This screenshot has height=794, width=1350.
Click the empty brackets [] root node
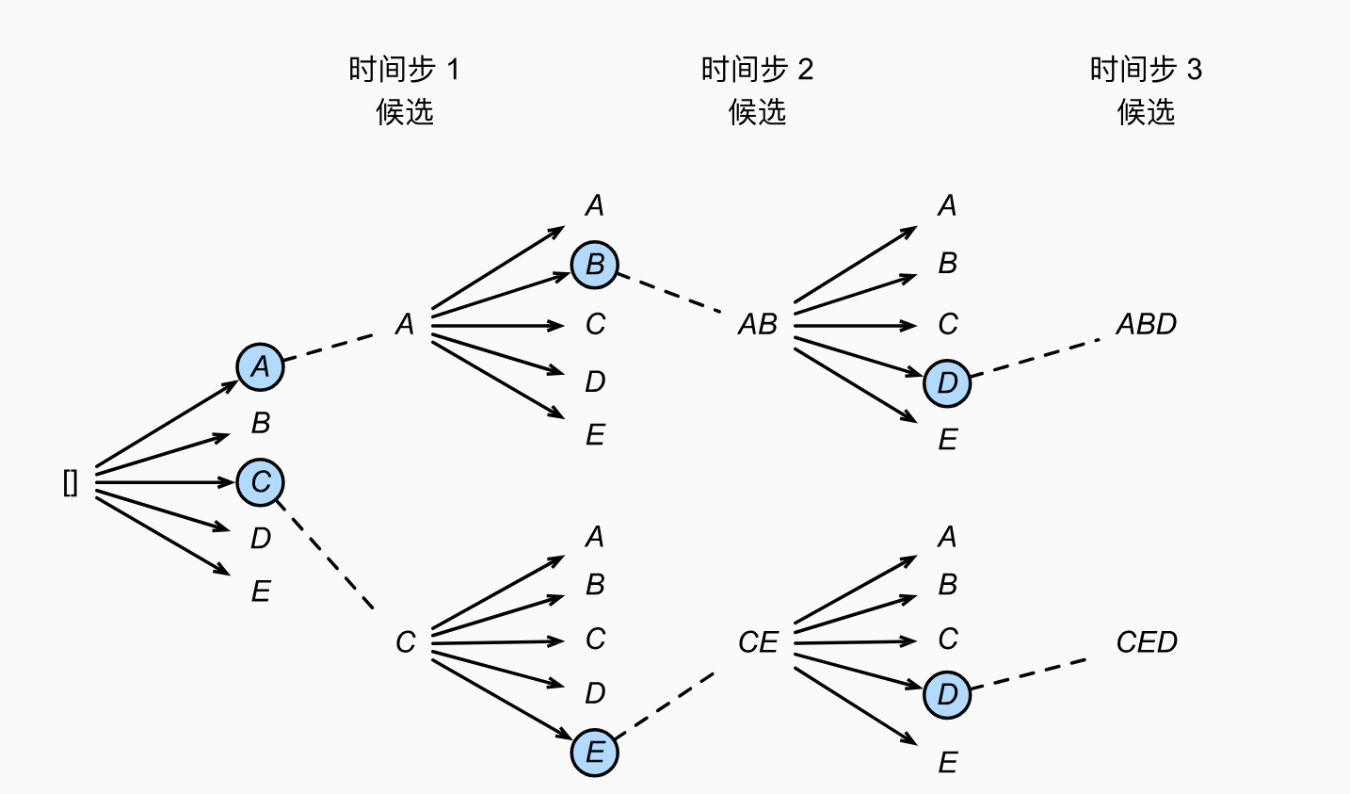click(x=71, y=483)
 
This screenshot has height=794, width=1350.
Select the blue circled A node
click(x=261, y=367)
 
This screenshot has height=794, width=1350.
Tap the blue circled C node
click(x=261, y=482)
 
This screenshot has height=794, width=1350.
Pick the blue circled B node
click(x=595, y=265)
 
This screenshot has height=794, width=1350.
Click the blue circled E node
click(x=595, y=753)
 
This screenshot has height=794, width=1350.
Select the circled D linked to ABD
click(x=947, y=382)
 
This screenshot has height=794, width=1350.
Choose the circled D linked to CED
click(x=947, y=695)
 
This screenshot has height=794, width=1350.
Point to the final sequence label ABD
click(x=1146, y=325)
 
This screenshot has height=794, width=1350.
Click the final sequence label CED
click(x=1146, y=642)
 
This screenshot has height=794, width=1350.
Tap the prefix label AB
click(x=758, y=325)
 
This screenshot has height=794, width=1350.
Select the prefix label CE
click(x=758, y=642)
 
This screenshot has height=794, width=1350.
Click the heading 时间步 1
click(x=404, y=70)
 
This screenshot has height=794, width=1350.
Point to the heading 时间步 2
click(x=757, y=70)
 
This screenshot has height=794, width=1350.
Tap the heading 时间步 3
click(x=1146, y=70)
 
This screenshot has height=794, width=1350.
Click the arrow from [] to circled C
click(x=165, y=482)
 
